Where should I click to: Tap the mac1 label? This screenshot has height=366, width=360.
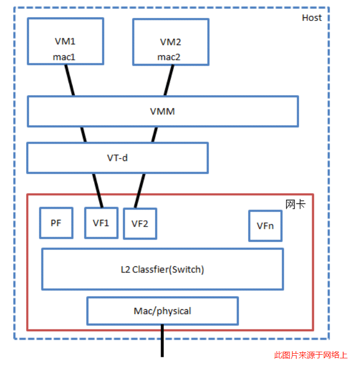point(64,57)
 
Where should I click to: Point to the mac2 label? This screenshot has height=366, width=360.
point(169,57)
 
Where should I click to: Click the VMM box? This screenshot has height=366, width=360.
point(163,111)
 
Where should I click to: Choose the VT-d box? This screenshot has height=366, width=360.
point(117,157)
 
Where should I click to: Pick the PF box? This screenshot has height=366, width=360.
point(56,223)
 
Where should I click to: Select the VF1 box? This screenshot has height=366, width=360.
point(101,223)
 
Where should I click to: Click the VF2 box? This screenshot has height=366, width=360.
point(140,223)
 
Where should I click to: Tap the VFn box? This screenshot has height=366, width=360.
point(265,225)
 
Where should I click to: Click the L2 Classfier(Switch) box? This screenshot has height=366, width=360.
point(162,269)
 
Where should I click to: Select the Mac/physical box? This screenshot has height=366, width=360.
point(162,311)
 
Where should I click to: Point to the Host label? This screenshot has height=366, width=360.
point(311,18)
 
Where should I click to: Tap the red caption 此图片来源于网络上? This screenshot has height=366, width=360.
point(311,355)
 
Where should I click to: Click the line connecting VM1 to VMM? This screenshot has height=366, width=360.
point(70,80)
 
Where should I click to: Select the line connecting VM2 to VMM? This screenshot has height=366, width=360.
point(168,80)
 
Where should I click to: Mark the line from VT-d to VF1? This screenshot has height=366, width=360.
point(98,190)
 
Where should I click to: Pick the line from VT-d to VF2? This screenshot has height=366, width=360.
point(139,190)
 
